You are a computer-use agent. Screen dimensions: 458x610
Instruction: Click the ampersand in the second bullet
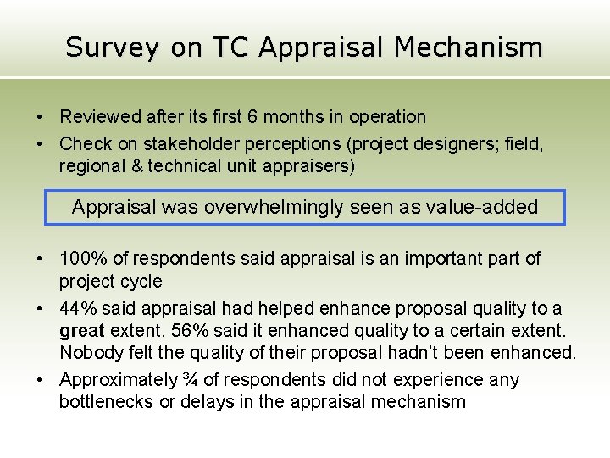135,166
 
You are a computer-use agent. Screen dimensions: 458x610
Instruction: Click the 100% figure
83,259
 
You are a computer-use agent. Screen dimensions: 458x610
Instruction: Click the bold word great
81,331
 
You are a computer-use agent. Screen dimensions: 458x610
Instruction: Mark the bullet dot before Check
40,144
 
